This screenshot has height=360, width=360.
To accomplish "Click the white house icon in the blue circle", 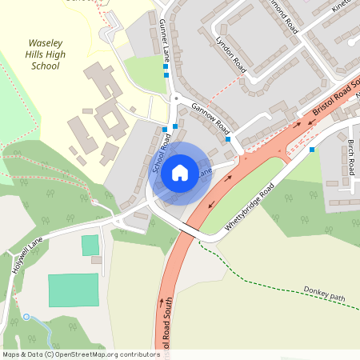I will (x=180, y=172).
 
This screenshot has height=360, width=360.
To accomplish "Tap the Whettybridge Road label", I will (x=249, y=206).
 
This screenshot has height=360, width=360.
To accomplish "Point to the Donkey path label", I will (x=324, y=294).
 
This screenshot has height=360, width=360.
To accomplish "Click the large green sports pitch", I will (x=73, y=290).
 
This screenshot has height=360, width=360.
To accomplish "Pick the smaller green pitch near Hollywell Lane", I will (x=90, y=245).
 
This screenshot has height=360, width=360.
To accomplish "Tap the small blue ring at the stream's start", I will (x=26, y=318).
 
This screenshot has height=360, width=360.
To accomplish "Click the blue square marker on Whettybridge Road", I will (x=312, y=149).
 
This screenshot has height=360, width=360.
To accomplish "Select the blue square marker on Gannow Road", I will (x=228, y=139).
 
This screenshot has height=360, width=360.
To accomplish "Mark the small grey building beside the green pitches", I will (x=96, y=260).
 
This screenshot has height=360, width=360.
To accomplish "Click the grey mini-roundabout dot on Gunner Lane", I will (x=174, y=98).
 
